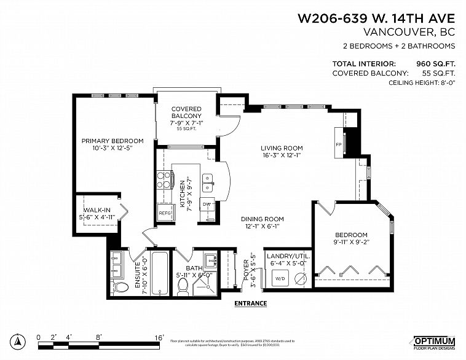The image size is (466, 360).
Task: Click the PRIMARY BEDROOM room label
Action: point(113,141)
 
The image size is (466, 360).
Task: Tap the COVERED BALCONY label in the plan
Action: point(186,112)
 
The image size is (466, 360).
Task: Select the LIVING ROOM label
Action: point(282,148)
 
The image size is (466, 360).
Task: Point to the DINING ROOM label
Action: point(262,219)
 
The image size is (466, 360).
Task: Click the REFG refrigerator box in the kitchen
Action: point(165,213)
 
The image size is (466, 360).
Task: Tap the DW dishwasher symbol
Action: point(207,205)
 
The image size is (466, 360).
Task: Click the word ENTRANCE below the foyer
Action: point(250,303)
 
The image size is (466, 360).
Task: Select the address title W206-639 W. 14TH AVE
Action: point(376,18)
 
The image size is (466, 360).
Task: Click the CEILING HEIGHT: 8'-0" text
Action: point(419,82)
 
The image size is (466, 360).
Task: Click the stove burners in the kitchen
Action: point(164,179)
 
